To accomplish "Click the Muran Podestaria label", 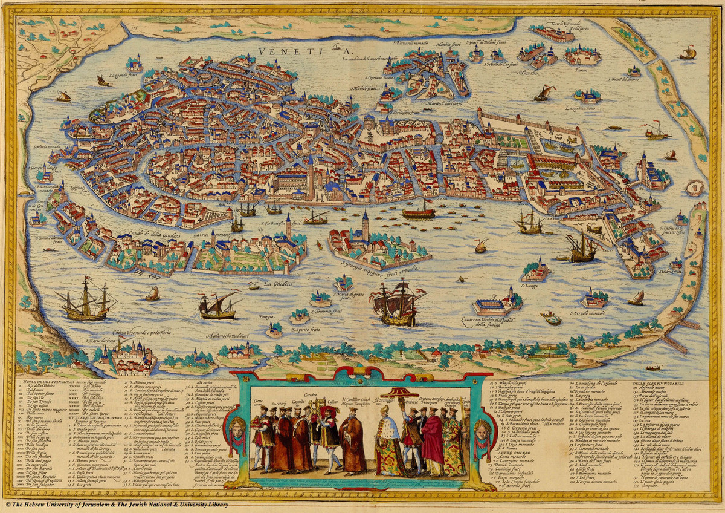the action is [x=425, y=103].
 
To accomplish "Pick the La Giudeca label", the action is [x=279, y=283].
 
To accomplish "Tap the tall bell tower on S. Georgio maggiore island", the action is [x=365, y=224].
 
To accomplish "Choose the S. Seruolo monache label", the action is [x=588, y=313].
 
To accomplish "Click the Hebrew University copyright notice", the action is [x=118, y=504].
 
